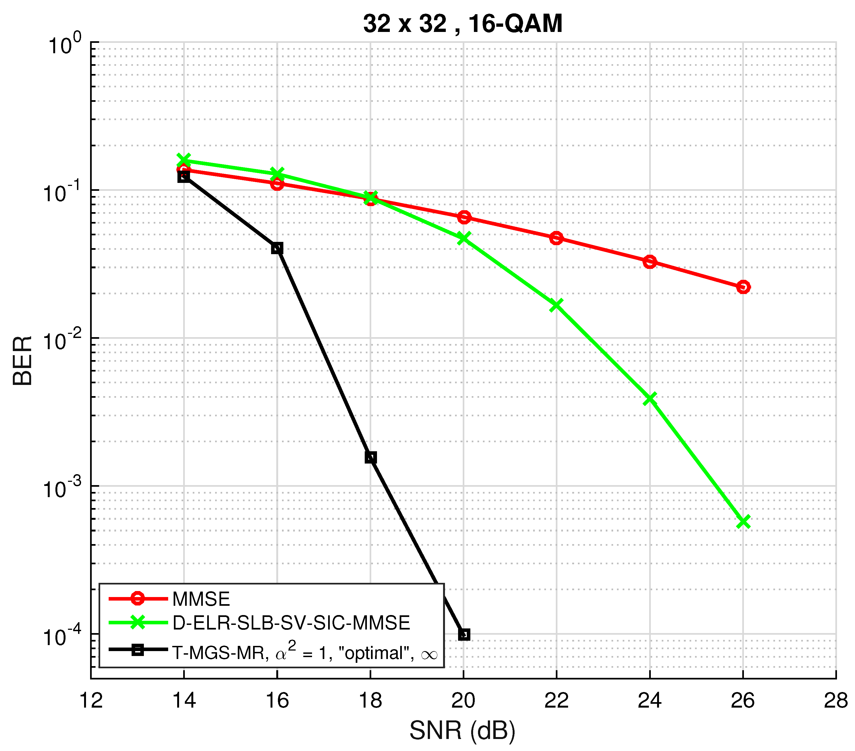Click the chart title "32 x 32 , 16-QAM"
[463, 24]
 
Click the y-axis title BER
[23, 360]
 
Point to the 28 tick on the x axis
[835, 701]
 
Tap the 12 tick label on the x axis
[91, 701]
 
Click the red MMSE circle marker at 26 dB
[743, 287]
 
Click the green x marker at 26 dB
[743, 522]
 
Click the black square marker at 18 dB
[370, 457]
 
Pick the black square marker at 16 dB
[277, 248]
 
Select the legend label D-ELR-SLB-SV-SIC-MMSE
[291, 623]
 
